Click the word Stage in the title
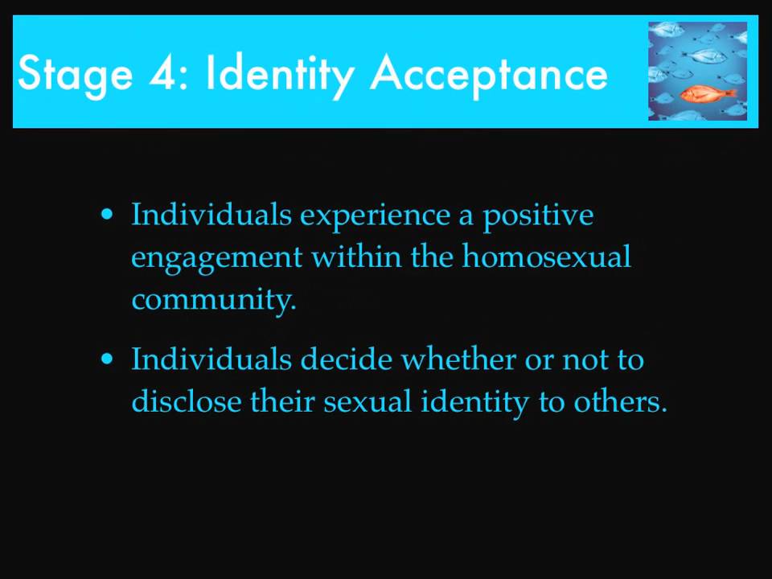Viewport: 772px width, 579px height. pos(76,74)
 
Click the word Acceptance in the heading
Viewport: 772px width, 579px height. pos(489,74)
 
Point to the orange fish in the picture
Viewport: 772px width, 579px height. pos(708,93)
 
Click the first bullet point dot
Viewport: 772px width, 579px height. pos(107,215)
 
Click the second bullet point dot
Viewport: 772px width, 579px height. pos(107,359)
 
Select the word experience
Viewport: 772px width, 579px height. pos(375,216)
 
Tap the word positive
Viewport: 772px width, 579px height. pos(538,216)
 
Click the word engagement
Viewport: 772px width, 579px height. pos(216,259)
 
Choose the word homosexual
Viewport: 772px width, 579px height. pos(547,257)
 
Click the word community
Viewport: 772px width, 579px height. pos(214,300)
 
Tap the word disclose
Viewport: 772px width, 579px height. pos(187,400)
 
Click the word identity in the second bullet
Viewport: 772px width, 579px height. pos(474,403)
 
